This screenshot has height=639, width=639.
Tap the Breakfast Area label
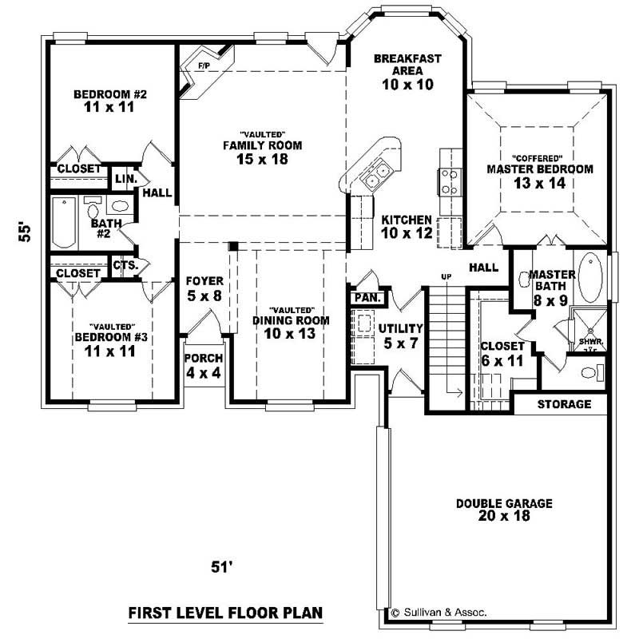tap(407, 71)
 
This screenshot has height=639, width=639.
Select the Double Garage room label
tap(504, 510)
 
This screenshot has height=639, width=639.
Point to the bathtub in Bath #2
tap(63, 223)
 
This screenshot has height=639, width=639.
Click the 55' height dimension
tap(26, 232)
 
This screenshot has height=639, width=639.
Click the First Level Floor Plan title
tap(225, 613)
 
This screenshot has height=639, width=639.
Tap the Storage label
tap(564, 404)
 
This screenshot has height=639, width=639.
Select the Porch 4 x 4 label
tap(203, 366)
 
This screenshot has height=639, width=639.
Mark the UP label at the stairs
tap(446, 276)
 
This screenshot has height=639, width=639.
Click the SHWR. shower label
tap(590, 342)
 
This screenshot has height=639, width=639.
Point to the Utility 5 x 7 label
tap(401, 335)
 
